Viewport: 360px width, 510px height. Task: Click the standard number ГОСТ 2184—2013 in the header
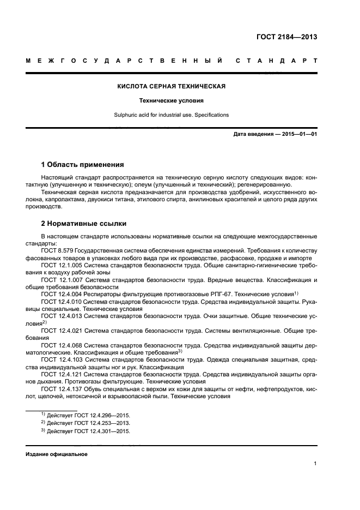point(286,37)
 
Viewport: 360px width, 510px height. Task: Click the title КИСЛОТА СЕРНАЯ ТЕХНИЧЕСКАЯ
point(172,86)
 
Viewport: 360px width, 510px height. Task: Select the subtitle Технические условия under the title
point(172,101)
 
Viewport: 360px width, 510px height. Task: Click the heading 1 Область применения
point(83,164)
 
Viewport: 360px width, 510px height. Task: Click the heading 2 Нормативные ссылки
point(82,224)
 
